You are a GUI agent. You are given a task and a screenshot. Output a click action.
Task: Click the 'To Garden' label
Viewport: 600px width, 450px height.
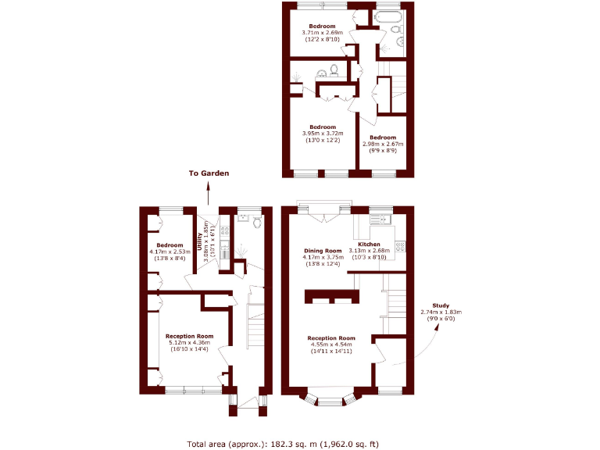[209, 173]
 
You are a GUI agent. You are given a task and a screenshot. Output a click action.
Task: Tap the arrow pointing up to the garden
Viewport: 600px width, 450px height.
[209, 193]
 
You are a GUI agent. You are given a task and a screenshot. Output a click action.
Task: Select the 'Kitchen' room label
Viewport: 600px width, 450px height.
[370, 245]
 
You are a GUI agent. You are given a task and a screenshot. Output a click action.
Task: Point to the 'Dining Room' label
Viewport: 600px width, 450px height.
[323, 252]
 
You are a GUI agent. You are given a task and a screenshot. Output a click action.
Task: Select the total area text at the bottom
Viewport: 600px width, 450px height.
[282, 444]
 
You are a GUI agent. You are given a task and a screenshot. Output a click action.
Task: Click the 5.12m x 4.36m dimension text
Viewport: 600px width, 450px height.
[189, 342]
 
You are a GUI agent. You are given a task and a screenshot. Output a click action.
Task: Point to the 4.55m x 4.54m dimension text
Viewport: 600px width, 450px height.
[331, 345]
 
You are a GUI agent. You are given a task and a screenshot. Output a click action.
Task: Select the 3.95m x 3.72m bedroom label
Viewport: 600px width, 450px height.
[322, 133]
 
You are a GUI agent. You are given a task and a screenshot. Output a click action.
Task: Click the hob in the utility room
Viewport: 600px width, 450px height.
[225, 230]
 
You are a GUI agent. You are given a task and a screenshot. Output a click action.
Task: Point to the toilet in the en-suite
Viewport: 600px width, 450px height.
[334, 69]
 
